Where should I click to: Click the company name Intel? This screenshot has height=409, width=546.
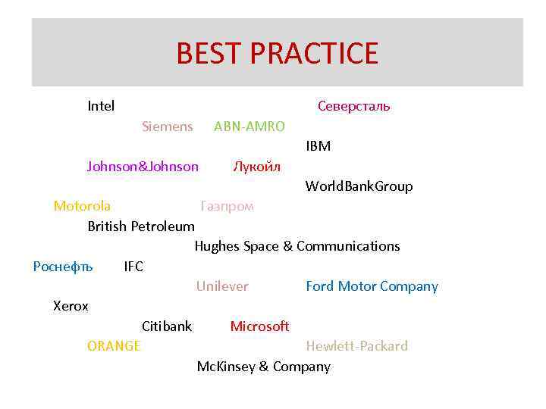101,106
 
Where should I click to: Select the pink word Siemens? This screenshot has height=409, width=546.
167,126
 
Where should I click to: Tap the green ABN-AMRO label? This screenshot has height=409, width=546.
249,126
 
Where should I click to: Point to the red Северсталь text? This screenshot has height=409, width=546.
353,106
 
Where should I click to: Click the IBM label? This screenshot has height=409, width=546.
318,146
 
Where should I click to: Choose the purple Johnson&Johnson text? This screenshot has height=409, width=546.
143,167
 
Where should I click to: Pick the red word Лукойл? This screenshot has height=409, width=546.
257,167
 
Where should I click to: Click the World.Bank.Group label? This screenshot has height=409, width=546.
359,186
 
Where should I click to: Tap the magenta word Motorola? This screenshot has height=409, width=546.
82,206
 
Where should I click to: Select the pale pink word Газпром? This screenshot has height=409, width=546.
227,206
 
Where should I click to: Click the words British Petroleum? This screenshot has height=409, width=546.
141,226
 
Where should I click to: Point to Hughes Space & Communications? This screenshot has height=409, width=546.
297,246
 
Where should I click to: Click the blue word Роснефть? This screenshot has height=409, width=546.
63,267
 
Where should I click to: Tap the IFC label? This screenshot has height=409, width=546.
133,267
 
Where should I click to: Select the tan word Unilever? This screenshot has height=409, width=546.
222,286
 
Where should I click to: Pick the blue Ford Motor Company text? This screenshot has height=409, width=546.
372,286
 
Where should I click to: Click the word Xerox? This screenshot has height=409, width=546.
71,307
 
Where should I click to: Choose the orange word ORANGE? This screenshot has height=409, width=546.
114,346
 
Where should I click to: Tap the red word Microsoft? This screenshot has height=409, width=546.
259,326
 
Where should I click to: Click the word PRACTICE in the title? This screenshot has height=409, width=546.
313,54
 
